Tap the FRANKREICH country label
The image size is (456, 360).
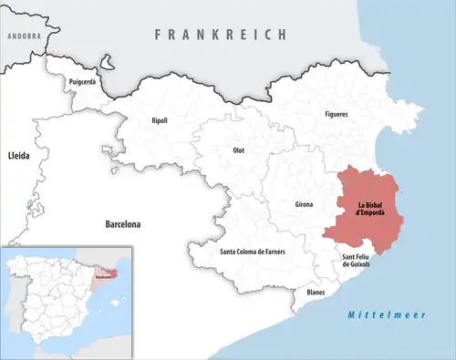click(x=221, y=34)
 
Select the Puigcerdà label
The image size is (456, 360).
click(x=82, y=82)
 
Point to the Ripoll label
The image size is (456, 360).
click(x=161, y=119)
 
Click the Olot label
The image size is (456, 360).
click(x=239, y=149)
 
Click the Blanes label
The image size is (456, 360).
click(x=316, y=292)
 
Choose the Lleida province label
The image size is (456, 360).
click(x=18, y=156)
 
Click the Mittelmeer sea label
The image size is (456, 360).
click(x=376, y=315)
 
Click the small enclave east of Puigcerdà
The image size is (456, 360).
click(x=108, y=65)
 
